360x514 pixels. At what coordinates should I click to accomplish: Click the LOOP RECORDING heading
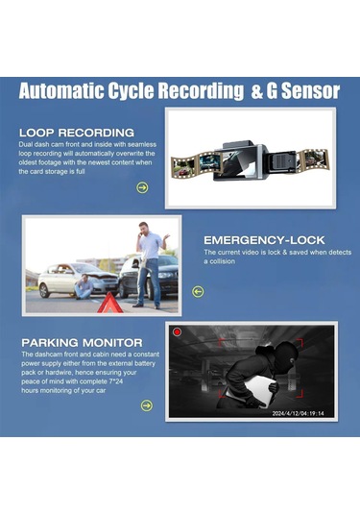pyautogui.click(x=77, y=133)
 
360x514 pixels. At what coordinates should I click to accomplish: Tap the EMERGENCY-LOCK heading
pyautogui.click(x=264, y=240)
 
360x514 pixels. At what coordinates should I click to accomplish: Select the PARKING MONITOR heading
pyautogui.click(x=82, y=343)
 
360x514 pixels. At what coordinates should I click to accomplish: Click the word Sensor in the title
pyautogui.click(x=310, y=91)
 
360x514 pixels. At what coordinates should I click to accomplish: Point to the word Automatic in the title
pyautogui.click(x=61, y=91)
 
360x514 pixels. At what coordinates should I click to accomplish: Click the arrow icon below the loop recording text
pyautogui.click(x=142, y=188)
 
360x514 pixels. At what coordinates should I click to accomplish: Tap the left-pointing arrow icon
pyautogui.click(x=198, y=291)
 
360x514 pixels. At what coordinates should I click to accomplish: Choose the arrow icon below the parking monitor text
pyautogui.click(x=147, y=405)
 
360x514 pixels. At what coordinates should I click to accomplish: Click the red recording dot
pyautogui.click(x=178, y=332)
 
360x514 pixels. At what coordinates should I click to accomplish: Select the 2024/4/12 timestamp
pyautogui.click(x=299, y=413)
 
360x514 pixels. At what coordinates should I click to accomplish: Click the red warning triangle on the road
pyautogui.click(x=110, y=303)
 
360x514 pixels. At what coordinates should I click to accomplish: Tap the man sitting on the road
pyautogui.click(x=84, y=287)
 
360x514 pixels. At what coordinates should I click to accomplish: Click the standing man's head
pyautogui.click(x=143, y=228)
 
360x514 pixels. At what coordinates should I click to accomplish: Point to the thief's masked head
pyautogui.click(x=285, y=355)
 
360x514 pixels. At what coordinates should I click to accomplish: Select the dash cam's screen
pyautogui.click(x=235, y=165)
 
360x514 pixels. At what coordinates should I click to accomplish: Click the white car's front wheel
pyautogui.click(x=44, y=291)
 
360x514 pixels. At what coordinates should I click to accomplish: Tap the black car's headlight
pyautogui.click(x=165, y=275)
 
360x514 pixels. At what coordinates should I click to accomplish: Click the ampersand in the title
pyautogui.click(x=257, y=91)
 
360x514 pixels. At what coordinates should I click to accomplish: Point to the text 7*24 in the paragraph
pyautogui.click(x=116, y=381)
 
